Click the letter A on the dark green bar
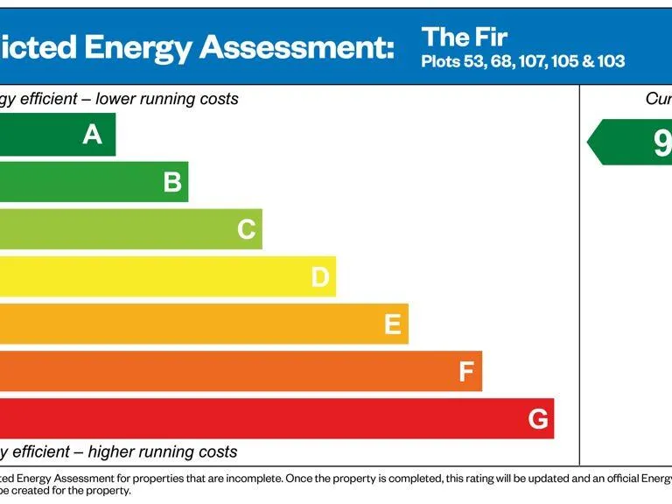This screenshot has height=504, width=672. pos(92,135)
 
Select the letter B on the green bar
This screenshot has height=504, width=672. pos(172,182)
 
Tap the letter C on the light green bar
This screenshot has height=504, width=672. pos(247,229)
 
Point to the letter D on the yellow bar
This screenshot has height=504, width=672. pos(320,277)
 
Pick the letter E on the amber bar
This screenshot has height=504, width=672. pos(393,325)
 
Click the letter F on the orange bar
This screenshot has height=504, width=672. pos(466,372)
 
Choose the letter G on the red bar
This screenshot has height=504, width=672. pos(538,419)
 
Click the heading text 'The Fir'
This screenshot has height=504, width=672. pos(464,38)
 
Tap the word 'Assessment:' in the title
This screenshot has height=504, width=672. pos(297,46)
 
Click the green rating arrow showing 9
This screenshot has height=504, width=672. pos(630,143)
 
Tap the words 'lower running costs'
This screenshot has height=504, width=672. pos(166,99)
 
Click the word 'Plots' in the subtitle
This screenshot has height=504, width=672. pos(440,62)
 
